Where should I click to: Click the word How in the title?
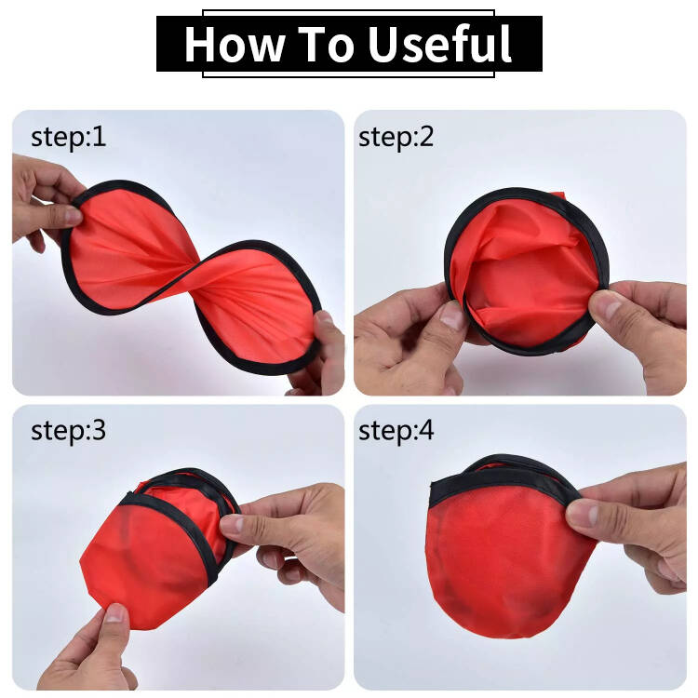[235, 44]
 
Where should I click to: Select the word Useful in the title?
[440, 43]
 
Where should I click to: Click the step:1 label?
[69, 137]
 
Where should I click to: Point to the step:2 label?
[396, 137]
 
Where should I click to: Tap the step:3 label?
[69, 431]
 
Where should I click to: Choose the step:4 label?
[396, 431]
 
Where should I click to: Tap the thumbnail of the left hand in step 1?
[73, 216]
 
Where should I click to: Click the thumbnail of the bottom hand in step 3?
[116, 613]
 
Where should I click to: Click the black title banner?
[349, 44]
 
